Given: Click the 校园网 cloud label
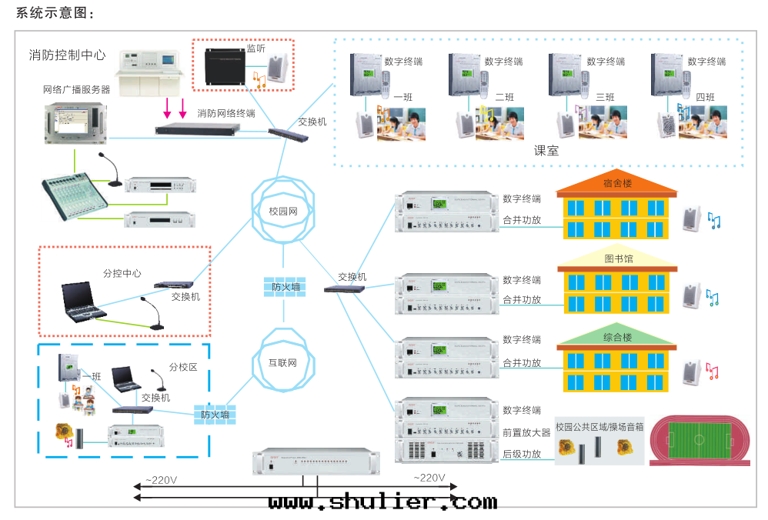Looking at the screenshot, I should click(x=283, y=211).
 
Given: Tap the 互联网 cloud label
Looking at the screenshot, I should click(x=282, y=362).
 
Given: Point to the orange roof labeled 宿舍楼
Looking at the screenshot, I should click(x=617, y=185).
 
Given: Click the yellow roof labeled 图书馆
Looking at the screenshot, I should click(x=617, y=259).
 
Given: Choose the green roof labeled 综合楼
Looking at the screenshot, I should click(x=617, y=337).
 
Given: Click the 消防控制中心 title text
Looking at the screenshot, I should click(x=67, y=55).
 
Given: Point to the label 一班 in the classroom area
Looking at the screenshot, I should click(x=404, y=98).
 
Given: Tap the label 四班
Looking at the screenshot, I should click(x=705, y=98).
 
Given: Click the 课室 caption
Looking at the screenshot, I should click(x=546, y=151).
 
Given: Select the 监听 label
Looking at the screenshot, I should click(x=256, y=48).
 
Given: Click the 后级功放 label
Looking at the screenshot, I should click(x=522, y=454).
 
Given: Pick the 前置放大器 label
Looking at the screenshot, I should click(x=526, y=432).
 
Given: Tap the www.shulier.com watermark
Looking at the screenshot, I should click(x=382, y=502).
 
